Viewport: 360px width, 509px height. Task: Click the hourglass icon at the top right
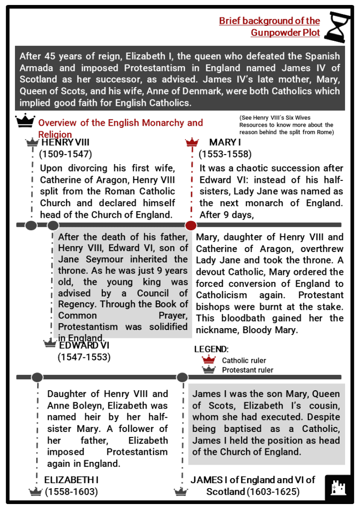[x=336, y=27]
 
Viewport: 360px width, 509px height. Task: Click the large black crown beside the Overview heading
[x=25, y=121]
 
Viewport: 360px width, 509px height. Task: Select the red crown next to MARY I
[x=191, y=143]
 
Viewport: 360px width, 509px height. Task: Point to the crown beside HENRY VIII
[x=32, y=143]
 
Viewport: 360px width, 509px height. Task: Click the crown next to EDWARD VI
[x=50, y=343]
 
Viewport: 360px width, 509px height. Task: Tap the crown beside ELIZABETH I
[x=35, y=492]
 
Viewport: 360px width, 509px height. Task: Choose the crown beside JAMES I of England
[x=180, y=492]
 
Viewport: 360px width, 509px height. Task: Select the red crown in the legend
[x=209, y=359]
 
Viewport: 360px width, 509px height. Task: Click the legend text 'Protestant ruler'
[x=247, y=370]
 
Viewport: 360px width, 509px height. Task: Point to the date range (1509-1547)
[x=65, y=154]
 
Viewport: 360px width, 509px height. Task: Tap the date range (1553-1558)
[x=225, y=154]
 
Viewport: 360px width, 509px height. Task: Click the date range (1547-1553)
[x=84, y=356]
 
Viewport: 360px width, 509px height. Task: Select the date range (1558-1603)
[x=71, y=492]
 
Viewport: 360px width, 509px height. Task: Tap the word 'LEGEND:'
[x=211, y=349]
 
